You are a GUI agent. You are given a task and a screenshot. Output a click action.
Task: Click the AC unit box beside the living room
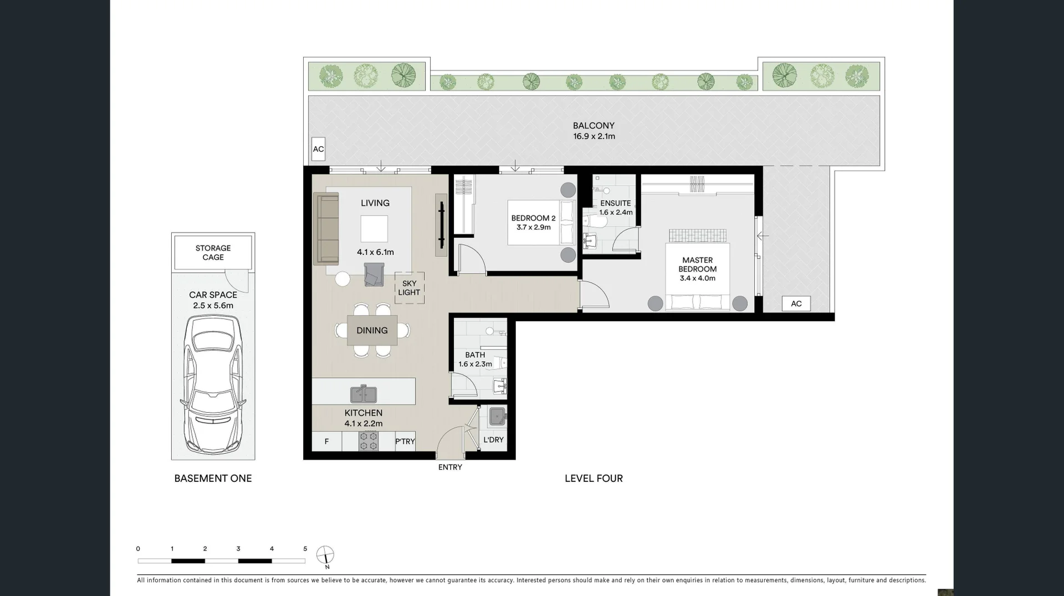coord(318,149)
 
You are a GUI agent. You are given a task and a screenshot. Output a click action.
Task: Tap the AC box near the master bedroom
coord(796,304)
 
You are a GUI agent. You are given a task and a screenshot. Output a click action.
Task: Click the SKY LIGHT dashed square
coord(410,288)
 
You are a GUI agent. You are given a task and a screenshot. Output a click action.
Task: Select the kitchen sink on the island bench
coord(364,394)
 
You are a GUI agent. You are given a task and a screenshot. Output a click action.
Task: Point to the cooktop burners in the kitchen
coord(369,441)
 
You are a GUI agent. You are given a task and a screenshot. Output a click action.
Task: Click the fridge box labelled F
coord(326,441)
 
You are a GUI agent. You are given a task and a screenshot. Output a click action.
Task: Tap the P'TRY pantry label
coord(405,441)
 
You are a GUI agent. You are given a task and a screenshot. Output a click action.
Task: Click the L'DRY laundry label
coord(493,440)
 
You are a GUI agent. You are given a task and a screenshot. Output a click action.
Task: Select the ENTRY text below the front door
coord(450,467)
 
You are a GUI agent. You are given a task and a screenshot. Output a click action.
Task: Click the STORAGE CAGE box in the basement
coord(213,253)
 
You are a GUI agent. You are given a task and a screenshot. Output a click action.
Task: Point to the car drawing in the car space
coord(213,383)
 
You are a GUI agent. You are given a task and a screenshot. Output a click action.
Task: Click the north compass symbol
coord(325,554)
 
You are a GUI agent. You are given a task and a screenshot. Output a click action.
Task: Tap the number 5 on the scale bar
coord(305,549)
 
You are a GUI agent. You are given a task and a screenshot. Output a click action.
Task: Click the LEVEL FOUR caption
coord(594,478)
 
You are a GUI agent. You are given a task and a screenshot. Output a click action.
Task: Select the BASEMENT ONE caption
coord(213,478)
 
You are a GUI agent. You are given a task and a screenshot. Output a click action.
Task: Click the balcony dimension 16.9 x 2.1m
coord(594,136)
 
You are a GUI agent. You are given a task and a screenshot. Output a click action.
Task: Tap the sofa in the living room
coord(326,228)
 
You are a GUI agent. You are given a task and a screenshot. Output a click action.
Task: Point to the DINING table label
coord(372,330)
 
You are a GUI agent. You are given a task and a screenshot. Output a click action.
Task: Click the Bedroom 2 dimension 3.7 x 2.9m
coord(533,227)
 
